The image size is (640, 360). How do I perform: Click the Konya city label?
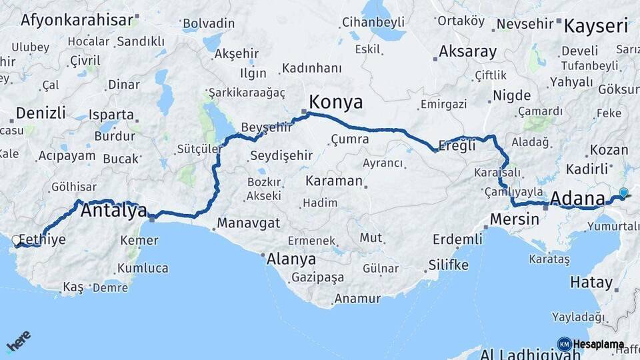(337, 102)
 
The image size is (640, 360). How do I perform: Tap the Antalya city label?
(113, 211)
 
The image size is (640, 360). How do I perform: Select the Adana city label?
(578, 199)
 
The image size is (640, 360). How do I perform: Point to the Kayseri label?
(596, 27)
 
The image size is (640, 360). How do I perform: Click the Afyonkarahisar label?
(77, 19)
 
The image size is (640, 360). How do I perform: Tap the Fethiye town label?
(43, 239)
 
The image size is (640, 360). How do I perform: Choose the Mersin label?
(514, 219)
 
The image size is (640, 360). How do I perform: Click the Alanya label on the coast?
(291, 259)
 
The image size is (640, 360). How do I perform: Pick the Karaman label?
(334, 181)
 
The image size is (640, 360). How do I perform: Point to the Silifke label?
(449, 265)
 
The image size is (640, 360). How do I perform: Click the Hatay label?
(591, 282)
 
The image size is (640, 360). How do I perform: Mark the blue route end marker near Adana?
(623, 193)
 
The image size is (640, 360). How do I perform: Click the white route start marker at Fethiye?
(16, 239)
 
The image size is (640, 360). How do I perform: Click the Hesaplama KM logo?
(591, 344)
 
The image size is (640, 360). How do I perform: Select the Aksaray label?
(468, 51)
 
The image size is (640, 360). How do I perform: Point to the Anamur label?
(357, 299)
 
